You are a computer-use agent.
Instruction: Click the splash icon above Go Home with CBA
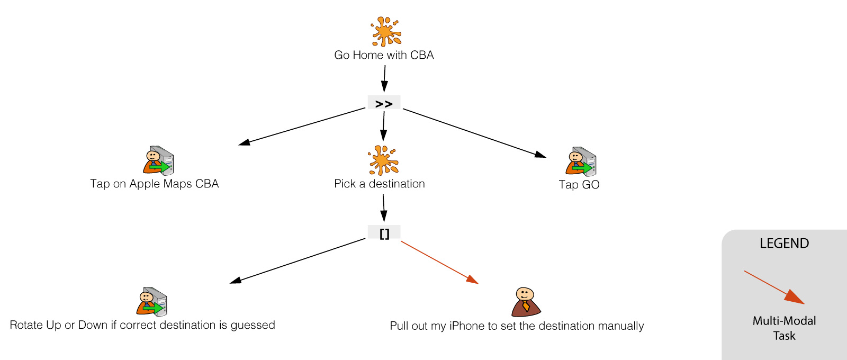coord(386,32)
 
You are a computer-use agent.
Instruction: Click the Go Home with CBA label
coord(384,55)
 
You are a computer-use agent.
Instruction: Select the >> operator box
coord(384,103)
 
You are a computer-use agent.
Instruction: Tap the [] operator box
coord(384,232)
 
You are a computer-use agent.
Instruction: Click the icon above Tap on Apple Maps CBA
coord(158,161)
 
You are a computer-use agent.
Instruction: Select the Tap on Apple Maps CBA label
coord(154,184)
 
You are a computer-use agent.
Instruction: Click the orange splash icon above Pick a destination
coord(383,160)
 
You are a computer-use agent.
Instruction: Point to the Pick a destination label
coord(379,184)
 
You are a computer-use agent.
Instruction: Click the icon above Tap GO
coord(581,161)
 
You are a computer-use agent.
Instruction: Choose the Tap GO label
coord(579,185)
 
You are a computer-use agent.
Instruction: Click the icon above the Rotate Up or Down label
coord(152,302)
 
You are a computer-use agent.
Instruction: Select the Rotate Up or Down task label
coord(142,325)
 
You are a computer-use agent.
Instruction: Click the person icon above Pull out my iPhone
coord(526,302)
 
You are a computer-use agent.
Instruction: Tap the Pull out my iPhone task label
coord(517,326)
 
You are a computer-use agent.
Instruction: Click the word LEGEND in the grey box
coord(784,244)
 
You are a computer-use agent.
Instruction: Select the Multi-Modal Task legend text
coord(784,328)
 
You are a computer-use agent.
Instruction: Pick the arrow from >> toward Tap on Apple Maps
coord(302,127)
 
